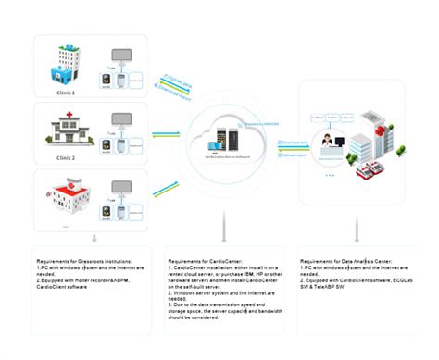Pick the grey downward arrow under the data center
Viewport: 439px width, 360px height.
[357, 227]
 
